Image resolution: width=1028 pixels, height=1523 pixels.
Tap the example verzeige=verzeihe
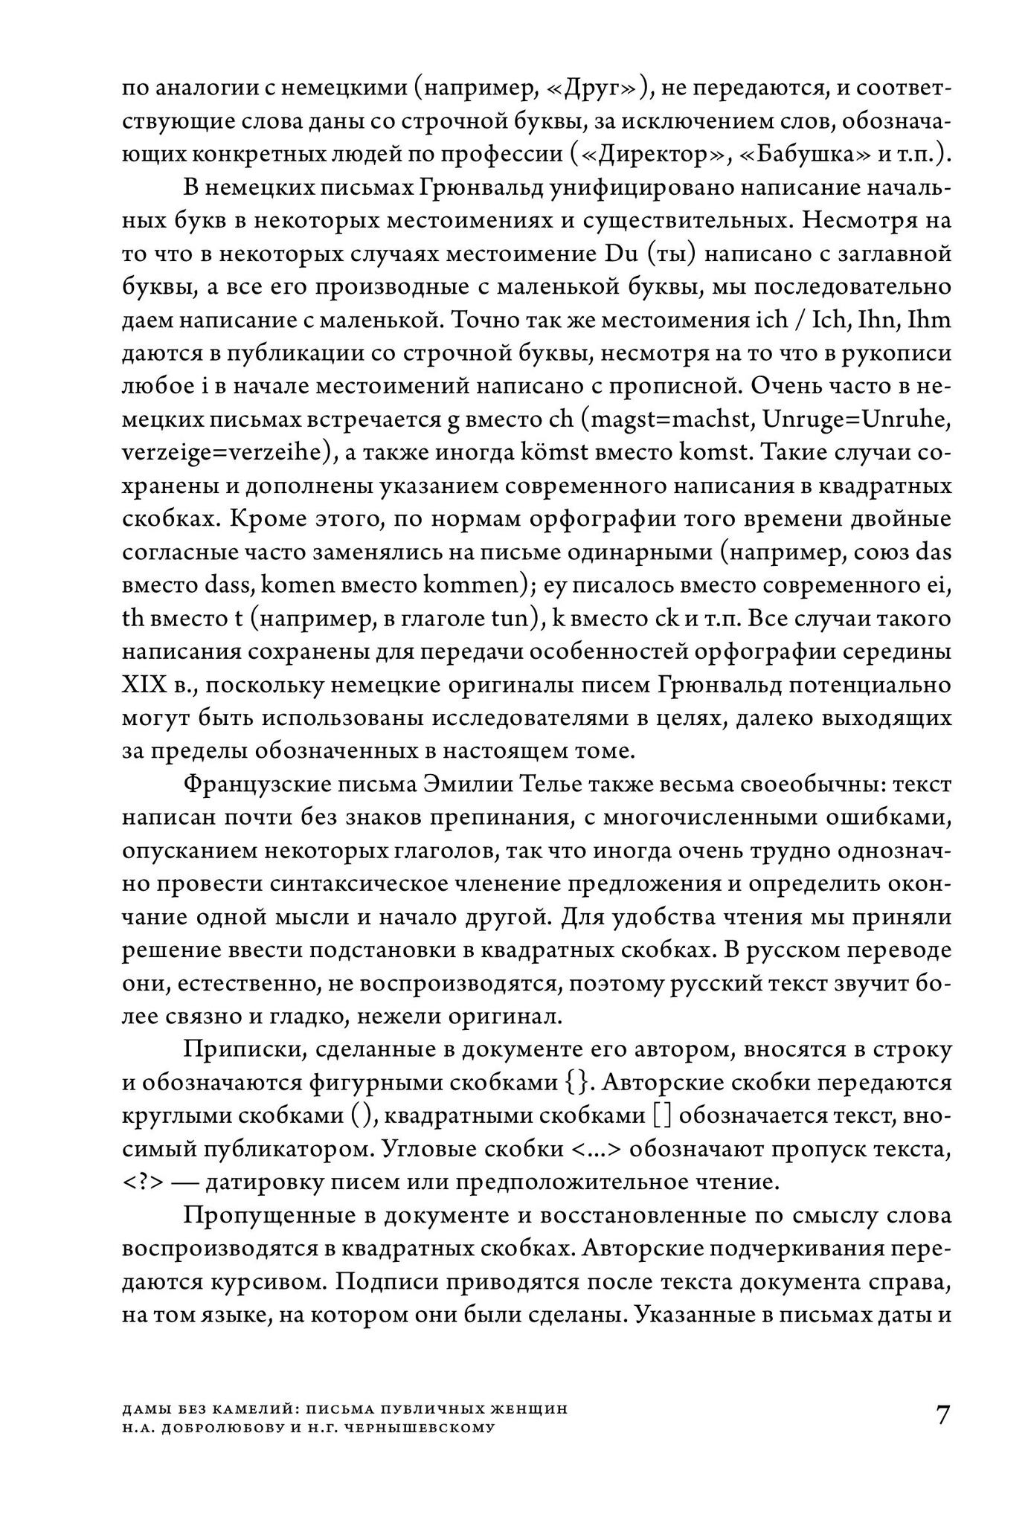tap(226, 453)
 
